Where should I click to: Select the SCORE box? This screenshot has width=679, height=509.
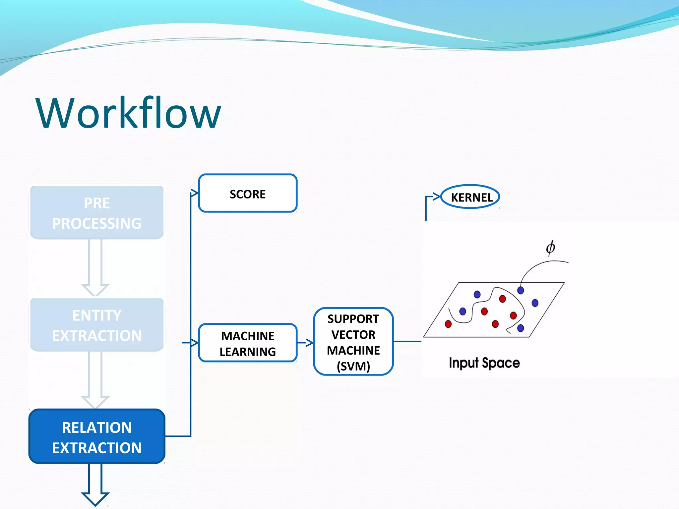(x=248, y=194)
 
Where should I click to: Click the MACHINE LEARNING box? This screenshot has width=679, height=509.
(x=248, y=343)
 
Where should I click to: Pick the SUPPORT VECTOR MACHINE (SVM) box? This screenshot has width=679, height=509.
(x=353, y=341)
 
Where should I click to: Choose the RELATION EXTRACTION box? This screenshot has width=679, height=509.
(x=97, y=436)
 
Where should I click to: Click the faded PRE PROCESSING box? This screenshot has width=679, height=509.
(x=97, y=212)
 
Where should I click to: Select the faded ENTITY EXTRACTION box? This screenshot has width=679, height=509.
(x=97, y=325)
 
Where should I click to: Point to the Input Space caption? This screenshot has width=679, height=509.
(x=484, y=363)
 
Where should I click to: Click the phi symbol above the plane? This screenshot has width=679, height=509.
(x=550, y=248)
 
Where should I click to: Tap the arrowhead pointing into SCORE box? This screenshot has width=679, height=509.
(x=194, y=193)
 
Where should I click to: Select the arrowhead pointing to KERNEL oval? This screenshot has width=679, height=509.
(x=436, y=197)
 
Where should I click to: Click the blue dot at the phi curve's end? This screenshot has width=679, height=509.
(x=521, y=290)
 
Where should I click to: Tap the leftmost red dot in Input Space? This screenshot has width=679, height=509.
(x=448, y=324)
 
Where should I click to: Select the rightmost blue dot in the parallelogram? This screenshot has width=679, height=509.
(x=535, y=303)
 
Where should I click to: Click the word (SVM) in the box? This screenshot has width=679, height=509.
(x=353, y=366)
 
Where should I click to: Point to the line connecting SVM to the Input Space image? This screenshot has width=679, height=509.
(x=407, y=341)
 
